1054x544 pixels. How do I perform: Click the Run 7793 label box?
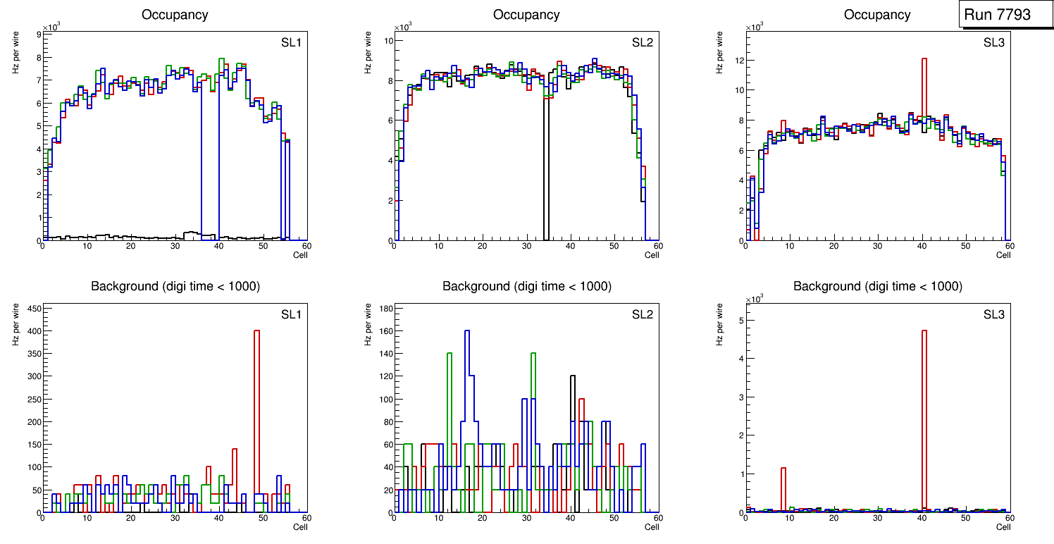click(x=1005, y=15)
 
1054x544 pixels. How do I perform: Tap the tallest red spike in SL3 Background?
click(x=924, y=395)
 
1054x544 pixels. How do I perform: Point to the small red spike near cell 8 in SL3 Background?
click(x=783, y=486)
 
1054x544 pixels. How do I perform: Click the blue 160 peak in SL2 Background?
click(x=466, y=366)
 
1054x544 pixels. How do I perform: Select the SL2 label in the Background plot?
click(x=643, y=314)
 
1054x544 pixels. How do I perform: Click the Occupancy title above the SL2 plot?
click(x=526, y=15)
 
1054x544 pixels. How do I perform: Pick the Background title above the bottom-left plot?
click(x=175, y=286)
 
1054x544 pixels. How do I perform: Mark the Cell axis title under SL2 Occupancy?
click(x=652, y=255)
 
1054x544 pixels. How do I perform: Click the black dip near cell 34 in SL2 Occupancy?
click(x=546, y=176)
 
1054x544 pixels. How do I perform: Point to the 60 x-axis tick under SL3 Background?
click(x=1009, y=518)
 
